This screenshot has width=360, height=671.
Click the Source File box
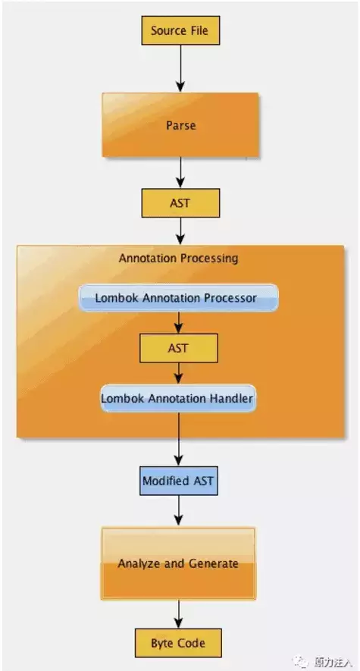pos(180,30)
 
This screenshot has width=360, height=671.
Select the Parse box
pos(180,125)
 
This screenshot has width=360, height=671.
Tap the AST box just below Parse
pos(180,203)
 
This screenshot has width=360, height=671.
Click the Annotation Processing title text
pos(178,259)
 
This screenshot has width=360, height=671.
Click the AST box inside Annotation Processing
pos(179,348)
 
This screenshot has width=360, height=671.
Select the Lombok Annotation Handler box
pos(178,397)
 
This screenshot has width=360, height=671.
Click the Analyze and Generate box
pos(178,563)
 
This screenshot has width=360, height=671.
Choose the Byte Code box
pos(180,643)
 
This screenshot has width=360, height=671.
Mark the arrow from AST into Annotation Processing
pos(180,231)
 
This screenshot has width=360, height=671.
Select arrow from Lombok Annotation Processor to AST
pos(179,322)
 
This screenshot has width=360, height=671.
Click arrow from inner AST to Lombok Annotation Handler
pos(179,372)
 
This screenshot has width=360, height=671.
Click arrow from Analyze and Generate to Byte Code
pos(179,613)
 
